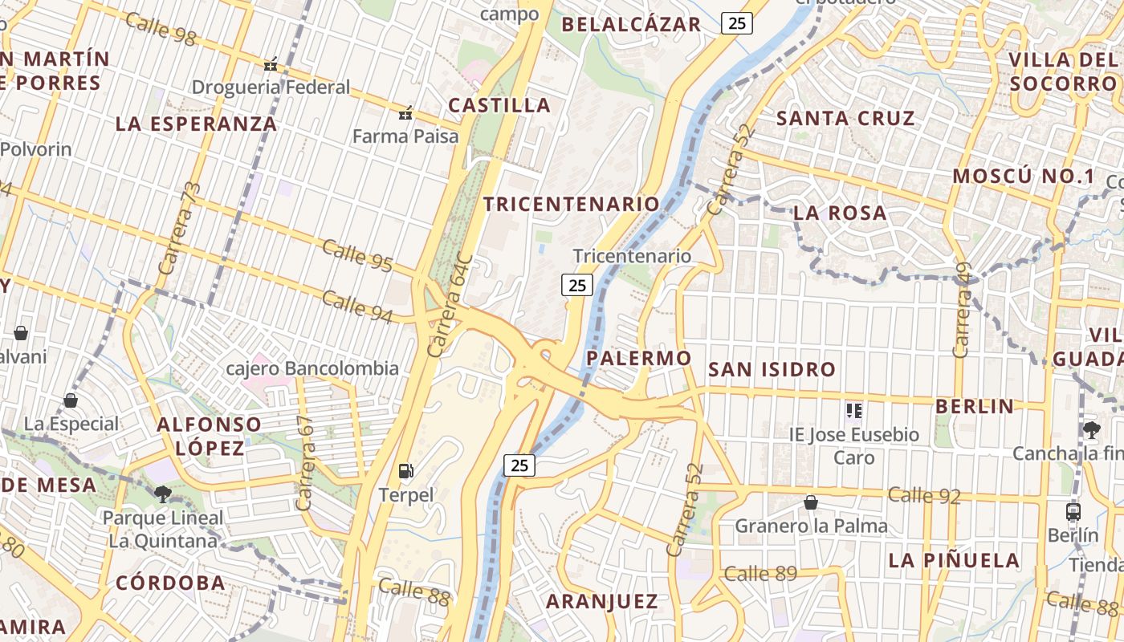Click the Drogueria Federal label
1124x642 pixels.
(271, 87)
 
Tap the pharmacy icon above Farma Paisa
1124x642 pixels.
(406, 113)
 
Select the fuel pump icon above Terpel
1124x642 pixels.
(407, 471)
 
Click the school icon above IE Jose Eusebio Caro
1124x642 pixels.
(853, 412)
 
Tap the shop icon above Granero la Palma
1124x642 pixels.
(811, 503)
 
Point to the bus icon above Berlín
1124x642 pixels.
(1073, 511)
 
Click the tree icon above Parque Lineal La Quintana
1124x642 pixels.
(163, 494)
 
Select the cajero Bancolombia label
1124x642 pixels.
(312, 368)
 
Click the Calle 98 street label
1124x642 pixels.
(161, 29)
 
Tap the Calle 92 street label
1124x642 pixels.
(924, 494)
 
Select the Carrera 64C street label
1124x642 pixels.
(448, 306)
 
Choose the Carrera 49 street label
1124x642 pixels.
(963, 310)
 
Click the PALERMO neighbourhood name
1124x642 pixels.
(639, 358)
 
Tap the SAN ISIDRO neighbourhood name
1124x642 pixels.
(772, 370)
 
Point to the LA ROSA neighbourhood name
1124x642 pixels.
(840, 213)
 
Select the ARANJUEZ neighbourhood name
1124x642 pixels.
(602, 601)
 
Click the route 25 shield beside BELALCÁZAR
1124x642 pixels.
(737, 23)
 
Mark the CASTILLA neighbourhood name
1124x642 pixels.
(499, 105)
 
